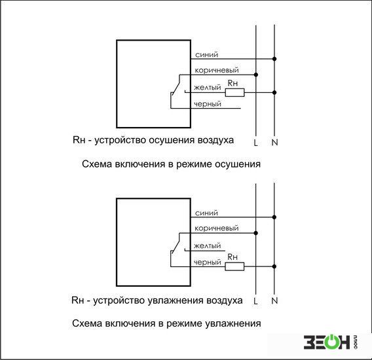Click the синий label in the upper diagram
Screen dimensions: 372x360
[206, 55]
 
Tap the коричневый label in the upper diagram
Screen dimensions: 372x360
[217, 71]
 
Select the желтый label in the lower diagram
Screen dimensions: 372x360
[207, 245]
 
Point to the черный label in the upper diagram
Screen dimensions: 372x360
[208, 104]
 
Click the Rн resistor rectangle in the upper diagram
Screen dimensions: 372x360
[234, 92]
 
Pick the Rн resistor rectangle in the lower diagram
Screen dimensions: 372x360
[234, 266]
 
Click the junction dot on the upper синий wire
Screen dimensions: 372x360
[274, 59]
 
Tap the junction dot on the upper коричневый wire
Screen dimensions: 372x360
[255, 75]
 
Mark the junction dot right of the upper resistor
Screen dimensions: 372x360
[274, 92]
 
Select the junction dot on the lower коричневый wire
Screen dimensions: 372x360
[255, 233]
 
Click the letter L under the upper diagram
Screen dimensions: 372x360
[255, 143]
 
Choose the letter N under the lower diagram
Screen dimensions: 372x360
[274, 300]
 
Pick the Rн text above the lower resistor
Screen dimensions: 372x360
[232, 257]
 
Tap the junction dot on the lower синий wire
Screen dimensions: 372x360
[274, 217]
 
